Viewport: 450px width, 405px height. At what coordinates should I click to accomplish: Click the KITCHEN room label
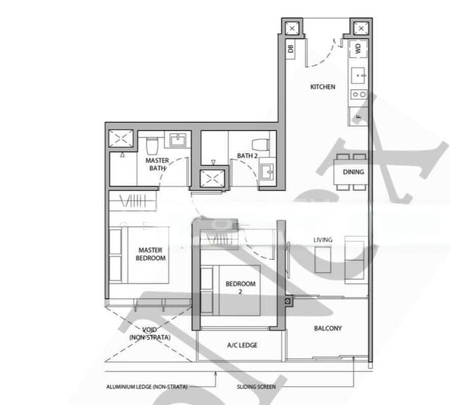click(x=322, y=87)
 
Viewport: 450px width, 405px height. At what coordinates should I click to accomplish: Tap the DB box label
click(x=291, y=48)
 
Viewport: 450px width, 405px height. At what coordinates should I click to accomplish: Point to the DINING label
click(x=353, y=172)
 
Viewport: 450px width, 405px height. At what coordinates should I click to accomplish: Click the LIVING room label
click(x=323, y=240)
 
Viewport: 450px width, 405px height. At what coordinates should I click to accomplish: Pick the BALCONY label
click(x=328, y=329)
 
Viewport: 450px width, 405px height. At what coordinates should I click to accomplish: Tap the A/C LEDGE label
click(x=241, y=345)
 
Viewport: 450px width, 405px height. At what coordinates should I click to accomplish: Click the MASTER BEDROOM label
click(x=151, y=254)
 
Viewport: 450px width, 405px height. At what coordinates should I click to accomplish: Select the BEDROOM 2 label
click(x=241, y=288)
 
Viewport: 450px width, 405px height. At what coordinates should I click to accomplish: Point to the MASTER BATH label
click(x=157, y=164)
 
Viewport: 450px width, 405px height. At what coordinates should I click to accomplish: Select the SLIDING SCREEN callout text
click(x=255, y=387)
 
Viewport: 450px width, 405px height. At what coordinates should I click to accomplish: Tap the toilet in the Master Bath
click(x=151, y=144)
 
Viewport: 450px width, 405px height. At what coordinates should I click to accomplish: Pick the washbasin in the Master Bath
click(x=178, y=140)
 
